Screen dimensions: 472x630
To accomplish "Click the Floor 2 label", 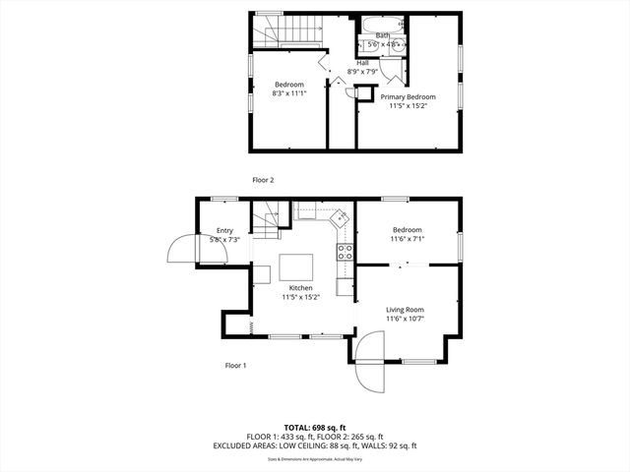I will tap(263, 180).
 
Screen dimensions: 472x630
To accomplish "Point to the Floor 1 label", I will tap(235, 365).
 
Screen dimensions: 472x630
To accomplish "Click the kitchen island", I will tap(296, 267).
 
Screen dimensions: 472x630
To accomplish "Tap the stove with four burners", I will tap(346, 251).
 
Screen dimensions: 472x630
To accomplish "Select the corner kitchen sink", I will tap(339, 215).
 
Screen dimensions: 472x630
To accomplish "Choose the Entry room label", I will tap(224, 231).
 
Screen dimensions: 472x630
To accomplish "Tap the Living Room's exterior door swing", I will tap(371, 360).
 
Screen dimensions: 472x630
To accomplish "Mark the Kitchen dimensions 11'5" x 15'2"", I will tap(300, 296).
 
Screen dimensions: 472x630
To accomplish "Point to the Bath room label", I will tap(382, 35).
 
